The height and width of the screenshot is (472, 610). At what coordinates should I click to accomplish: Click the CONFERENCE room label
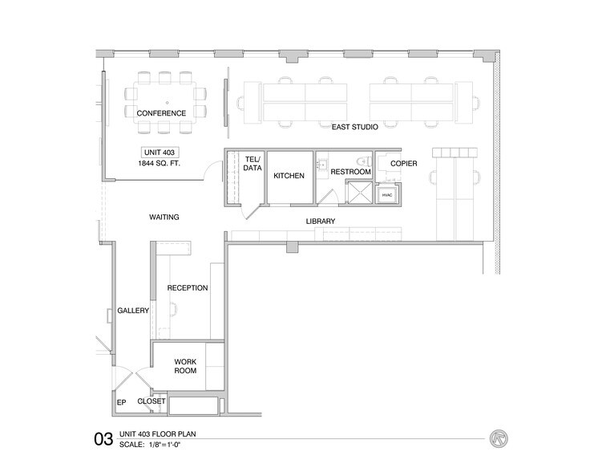point(161,113)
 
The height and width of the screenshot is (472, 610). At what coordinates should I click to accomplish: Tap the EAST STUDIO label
point(355,127)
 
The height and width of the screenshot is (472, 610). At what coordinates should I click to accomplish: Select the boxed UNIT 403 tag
point(160,152)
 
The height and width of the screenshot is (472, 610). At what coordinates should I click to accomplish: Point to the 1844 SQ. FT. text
point(160,164)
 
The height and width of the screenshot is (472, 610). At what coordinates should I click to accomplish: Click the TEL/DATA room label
point(252,165)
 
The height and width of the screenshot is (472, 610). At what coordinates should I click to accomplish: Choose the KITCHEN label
point(289,176)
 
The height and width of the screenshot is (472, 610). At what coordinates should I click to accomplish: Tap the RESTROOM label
point(350,172)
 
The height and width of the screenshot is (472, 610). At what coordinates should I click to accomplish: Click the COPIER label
point(404,164)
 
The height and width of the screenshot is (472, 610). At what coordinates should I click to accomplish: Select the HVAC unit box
point(387,195)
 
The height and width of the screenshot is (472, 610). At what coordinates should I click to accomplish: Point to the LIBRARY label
point(320,221)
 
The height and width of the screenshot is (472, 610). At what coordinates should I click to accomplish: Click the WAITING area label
point(164,217)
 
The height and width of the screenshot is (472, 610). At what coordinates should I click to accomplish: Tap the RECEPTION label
point(188,287)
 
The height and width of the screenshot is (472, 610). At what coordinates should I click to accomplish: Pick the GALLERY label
point(133,311)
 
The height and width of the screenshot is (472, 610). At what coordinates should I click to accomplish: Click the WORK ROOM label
point(185,366)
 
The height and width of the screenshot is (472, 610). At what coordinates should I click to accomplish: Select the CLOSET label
point(151,401)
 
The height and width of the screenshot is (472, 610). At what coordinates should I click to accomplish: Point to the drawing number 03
point(103,439)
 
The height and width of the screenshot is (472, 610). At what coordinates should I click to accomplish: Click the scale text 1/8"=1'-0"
point(172,445)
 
